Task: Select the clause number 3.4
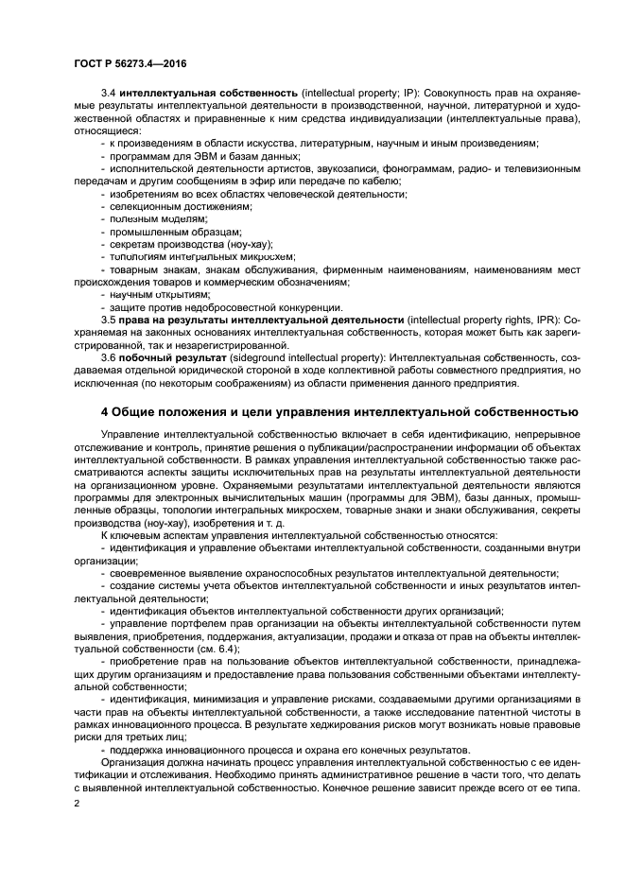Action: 109,94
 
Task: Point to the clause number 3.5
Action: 109,321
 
